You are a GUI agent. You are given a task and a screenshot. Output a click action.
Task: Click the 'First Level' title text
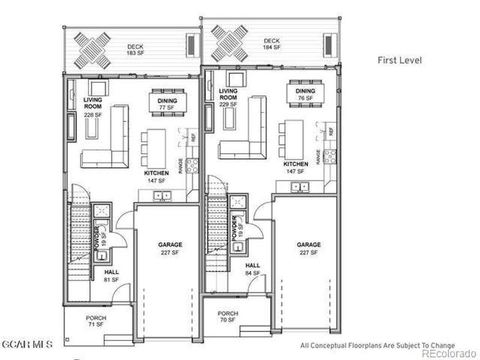[400, 60]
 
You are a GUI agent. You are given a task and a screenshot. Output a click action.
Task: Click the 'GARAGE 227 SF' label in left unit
[170, 248]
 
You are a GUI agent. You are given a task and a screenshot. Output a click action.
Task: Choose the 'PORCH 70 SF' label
[227, 317]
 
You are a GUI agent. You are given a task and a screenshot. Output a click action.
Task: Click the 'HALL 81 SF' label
[112, 275]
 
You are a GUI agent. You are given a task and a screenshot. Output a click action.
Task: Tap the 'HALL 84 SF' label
[253, 269]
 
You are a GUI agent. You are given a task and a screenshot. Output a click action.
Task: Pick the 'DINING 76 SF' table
[305, 94]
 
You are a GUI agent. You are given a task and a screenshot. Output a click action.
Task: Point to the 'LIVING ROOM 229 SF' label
[229, 98]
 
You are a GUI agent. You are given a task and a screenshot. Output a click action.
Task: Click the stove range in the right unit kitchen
[329, 157]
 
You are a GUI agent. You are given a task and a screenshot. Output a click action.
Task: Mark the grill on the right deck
[328, 44]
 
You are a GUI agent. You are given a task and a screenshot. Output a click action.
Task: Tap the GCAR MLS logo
[27, 344]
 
